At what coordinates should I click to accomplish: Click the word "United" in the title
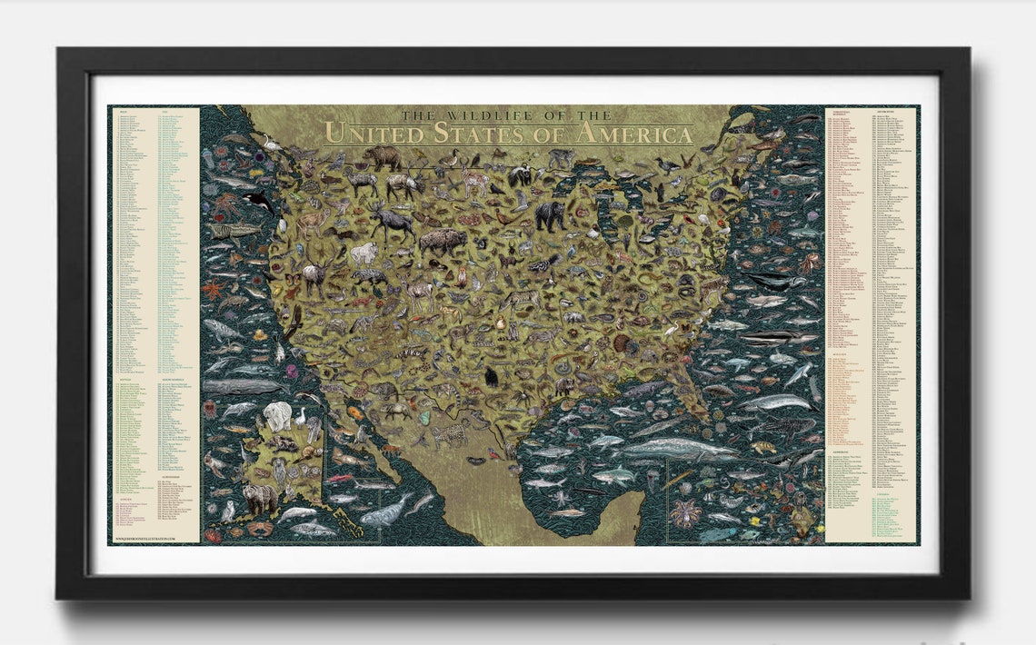(x=367, y=134)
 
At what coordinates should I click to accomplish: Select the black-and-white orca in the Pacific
(x=258, y=203)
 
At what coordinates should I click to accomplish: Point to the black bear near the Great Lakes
(x=549, y=214)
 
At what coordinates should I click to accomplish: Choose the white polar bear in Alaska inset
(x=277, y=415)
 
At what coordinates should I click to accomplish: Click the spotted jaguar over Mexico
(x=446, y=435)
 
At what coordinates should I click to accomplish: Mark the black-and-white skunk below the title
(x=519, y=174)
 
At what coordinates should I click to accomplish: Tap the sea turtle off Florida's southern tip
(x=762, y=447)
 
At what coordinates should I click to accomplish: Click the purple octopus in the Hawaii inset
(x=686, y=512)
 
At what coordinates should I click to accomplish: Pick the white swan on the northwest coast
(x=270, y=143)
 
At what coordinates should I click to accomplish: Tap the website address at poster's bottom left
(x=144, y=538)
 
